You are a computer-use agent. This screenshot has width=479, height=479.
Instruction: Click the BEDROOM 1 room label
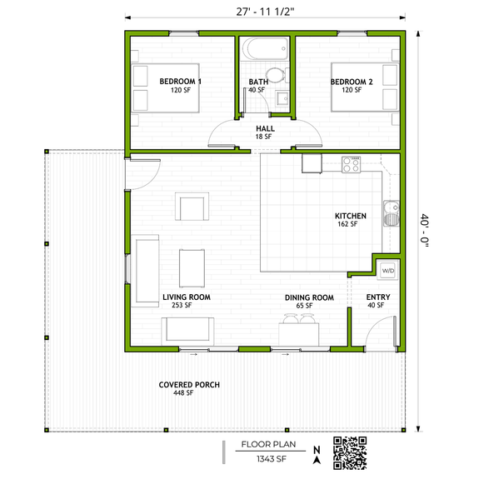pos(180,81)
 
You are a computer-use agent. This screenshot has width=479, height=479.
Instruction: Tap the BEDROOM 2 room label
pos(351,81)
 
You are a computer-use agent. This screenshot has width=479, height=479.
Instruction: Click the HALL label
pos(265,127)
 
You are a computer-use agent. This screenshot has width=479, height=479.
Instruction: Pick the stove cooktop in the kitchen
pos(352,164)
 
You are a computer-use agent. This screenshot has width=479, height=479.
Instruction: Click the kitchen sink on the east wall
pos(388,213)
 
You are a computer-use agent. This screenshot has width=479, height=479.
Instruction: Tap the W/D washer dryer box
pos(388,271)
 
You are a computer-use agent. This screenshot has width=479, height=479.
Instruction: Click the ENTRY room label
pos(377,297)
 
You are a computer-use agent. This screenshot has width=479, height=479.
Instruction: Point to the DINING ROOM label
pos(309,297)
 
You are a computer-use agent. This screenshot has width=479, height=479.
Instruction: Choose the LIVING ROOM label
pos(186,297)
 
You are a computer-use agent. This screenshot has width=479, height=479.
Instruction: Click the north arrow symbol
pos(317,454)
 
